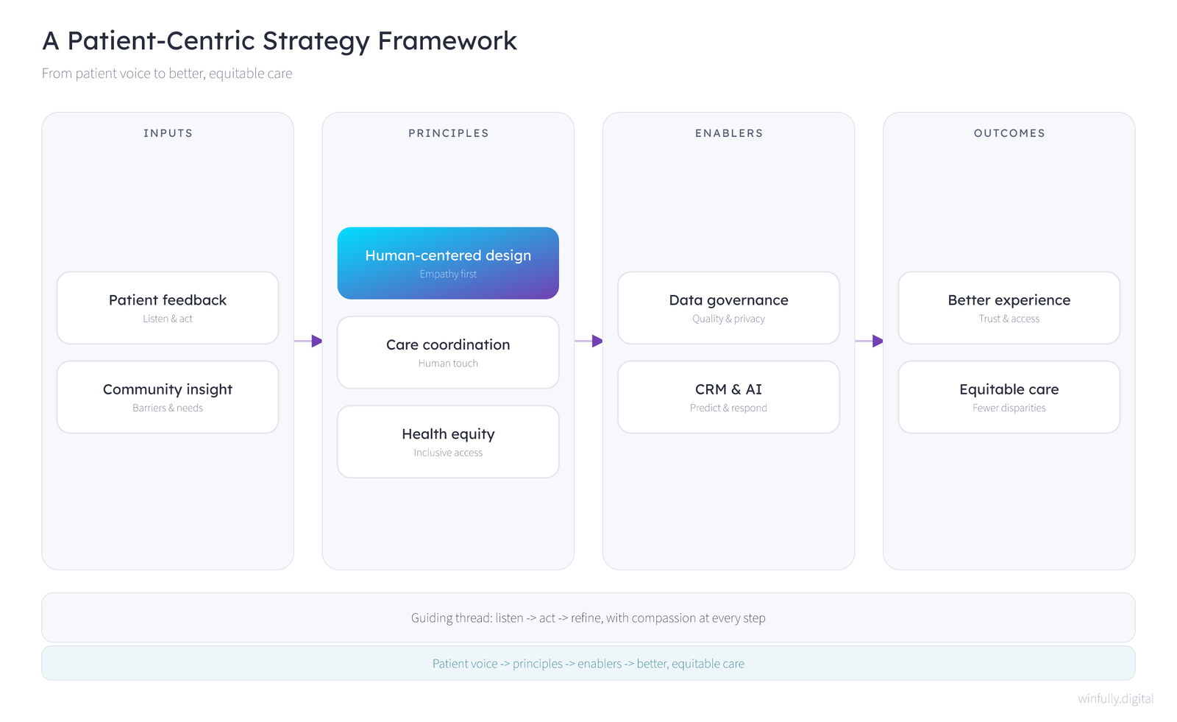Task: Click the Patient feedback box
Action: pos(168,308)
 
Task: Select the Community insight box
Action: pos(168,397)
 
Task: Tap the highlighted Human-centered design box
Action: pos(448,263)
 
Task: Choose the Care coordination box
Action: pos(448,353)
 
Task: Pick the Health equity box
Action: pos(448,442)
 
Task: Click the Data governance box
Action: pos(729,308)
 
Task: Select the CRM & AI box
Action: pos(729,397)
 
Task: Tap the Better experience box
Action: pos(1009,308)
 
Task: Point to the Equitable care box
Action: pos(1009,397)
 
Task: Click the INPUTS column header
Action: pos(168,133)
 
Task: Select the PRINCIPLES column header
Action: pos(449,133)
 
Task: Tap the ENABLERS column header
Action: pos(729,133)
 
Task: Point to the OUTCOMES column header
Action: pos(1009,133)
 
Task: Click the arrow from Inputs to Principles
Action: pos(308,341)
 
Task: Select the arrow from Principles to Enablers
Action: pos(588,341)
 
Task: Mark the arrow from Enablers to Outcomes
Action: pos(869,341)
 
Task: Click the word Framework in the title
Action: pos(447,40)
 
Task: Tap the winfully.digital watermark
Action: pos(1115,698)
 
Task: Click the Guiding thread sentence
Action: pos(588,617)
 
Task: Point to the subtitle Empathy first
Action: pos(448,274)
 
